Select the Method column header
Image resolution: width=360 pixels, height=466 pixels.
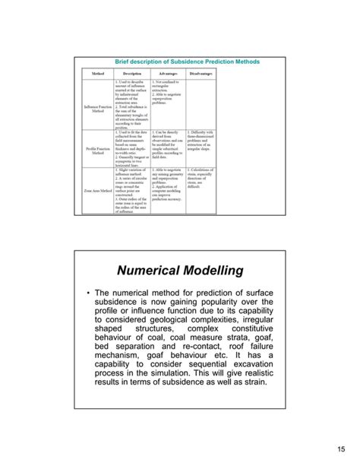tap(97, 74)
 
